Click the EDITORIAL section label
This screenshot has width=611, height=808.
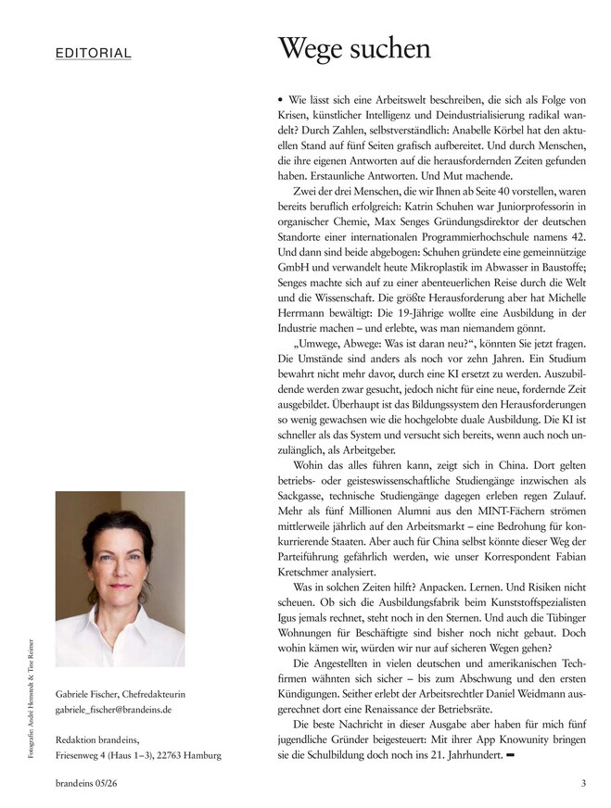[93, 54]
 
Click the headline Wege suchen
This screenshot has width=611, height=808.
[355, 49]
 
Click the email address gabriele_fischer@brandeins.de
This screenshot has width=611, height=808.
[114, 710]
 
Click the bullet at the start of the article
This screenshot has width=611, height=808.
[280, 97]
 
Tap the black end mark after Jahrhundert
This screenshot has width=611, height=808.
[509, 756]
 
